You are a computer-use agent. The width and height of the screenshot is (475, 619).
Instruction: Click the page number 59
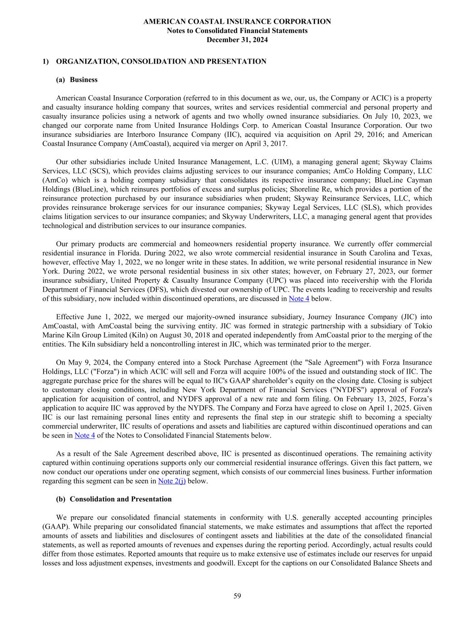click(237, 596)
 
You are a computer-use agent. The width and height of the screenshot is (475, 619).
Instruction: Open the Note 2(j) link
click(172, 481)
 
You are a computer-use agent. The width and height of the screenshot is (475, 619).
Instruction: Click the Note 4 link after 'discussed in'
click(299, 298)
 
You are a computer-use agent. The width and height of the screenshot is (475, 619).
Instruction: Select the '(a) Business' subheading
click(77, 79)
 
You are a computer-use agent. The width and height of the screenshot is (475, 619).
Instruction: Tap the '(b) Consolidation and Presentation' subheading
click(114, 499)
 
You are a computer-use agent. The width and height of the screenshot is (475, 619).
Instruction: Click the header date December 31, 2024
click(237, 40)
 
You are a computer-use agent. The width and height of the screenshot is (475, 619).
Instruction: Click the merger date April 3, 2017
click(267, 144)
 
